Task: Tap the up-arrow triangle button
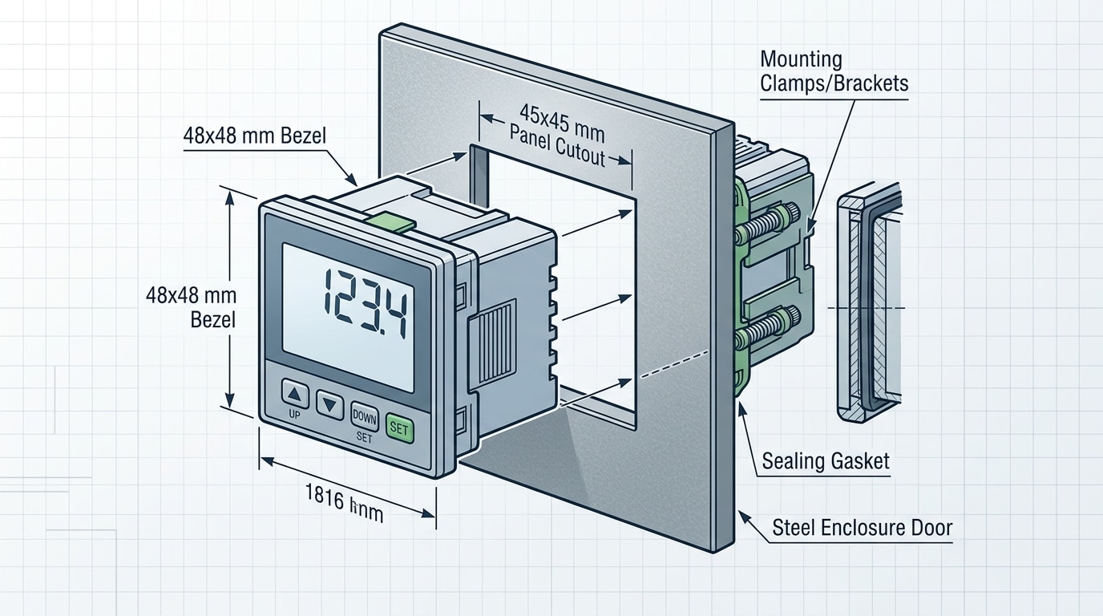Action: tap(295, 395)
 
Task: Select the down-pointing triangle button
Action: tap(329, 403)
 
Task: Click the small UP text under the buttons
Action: tap(293, 415)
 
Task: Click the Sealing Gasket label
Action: tap(825, 461)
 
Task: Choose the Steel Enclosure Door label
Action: tap(862, 528)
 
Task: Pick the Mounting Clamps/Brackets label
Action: tap(833, 71)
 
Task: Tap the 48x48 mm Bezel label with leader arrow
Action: tap(254, 136)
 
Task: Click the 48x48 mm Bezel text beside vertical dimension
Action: tap(191, 306)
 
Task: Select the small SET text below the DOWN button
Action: tap(363, 438)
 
